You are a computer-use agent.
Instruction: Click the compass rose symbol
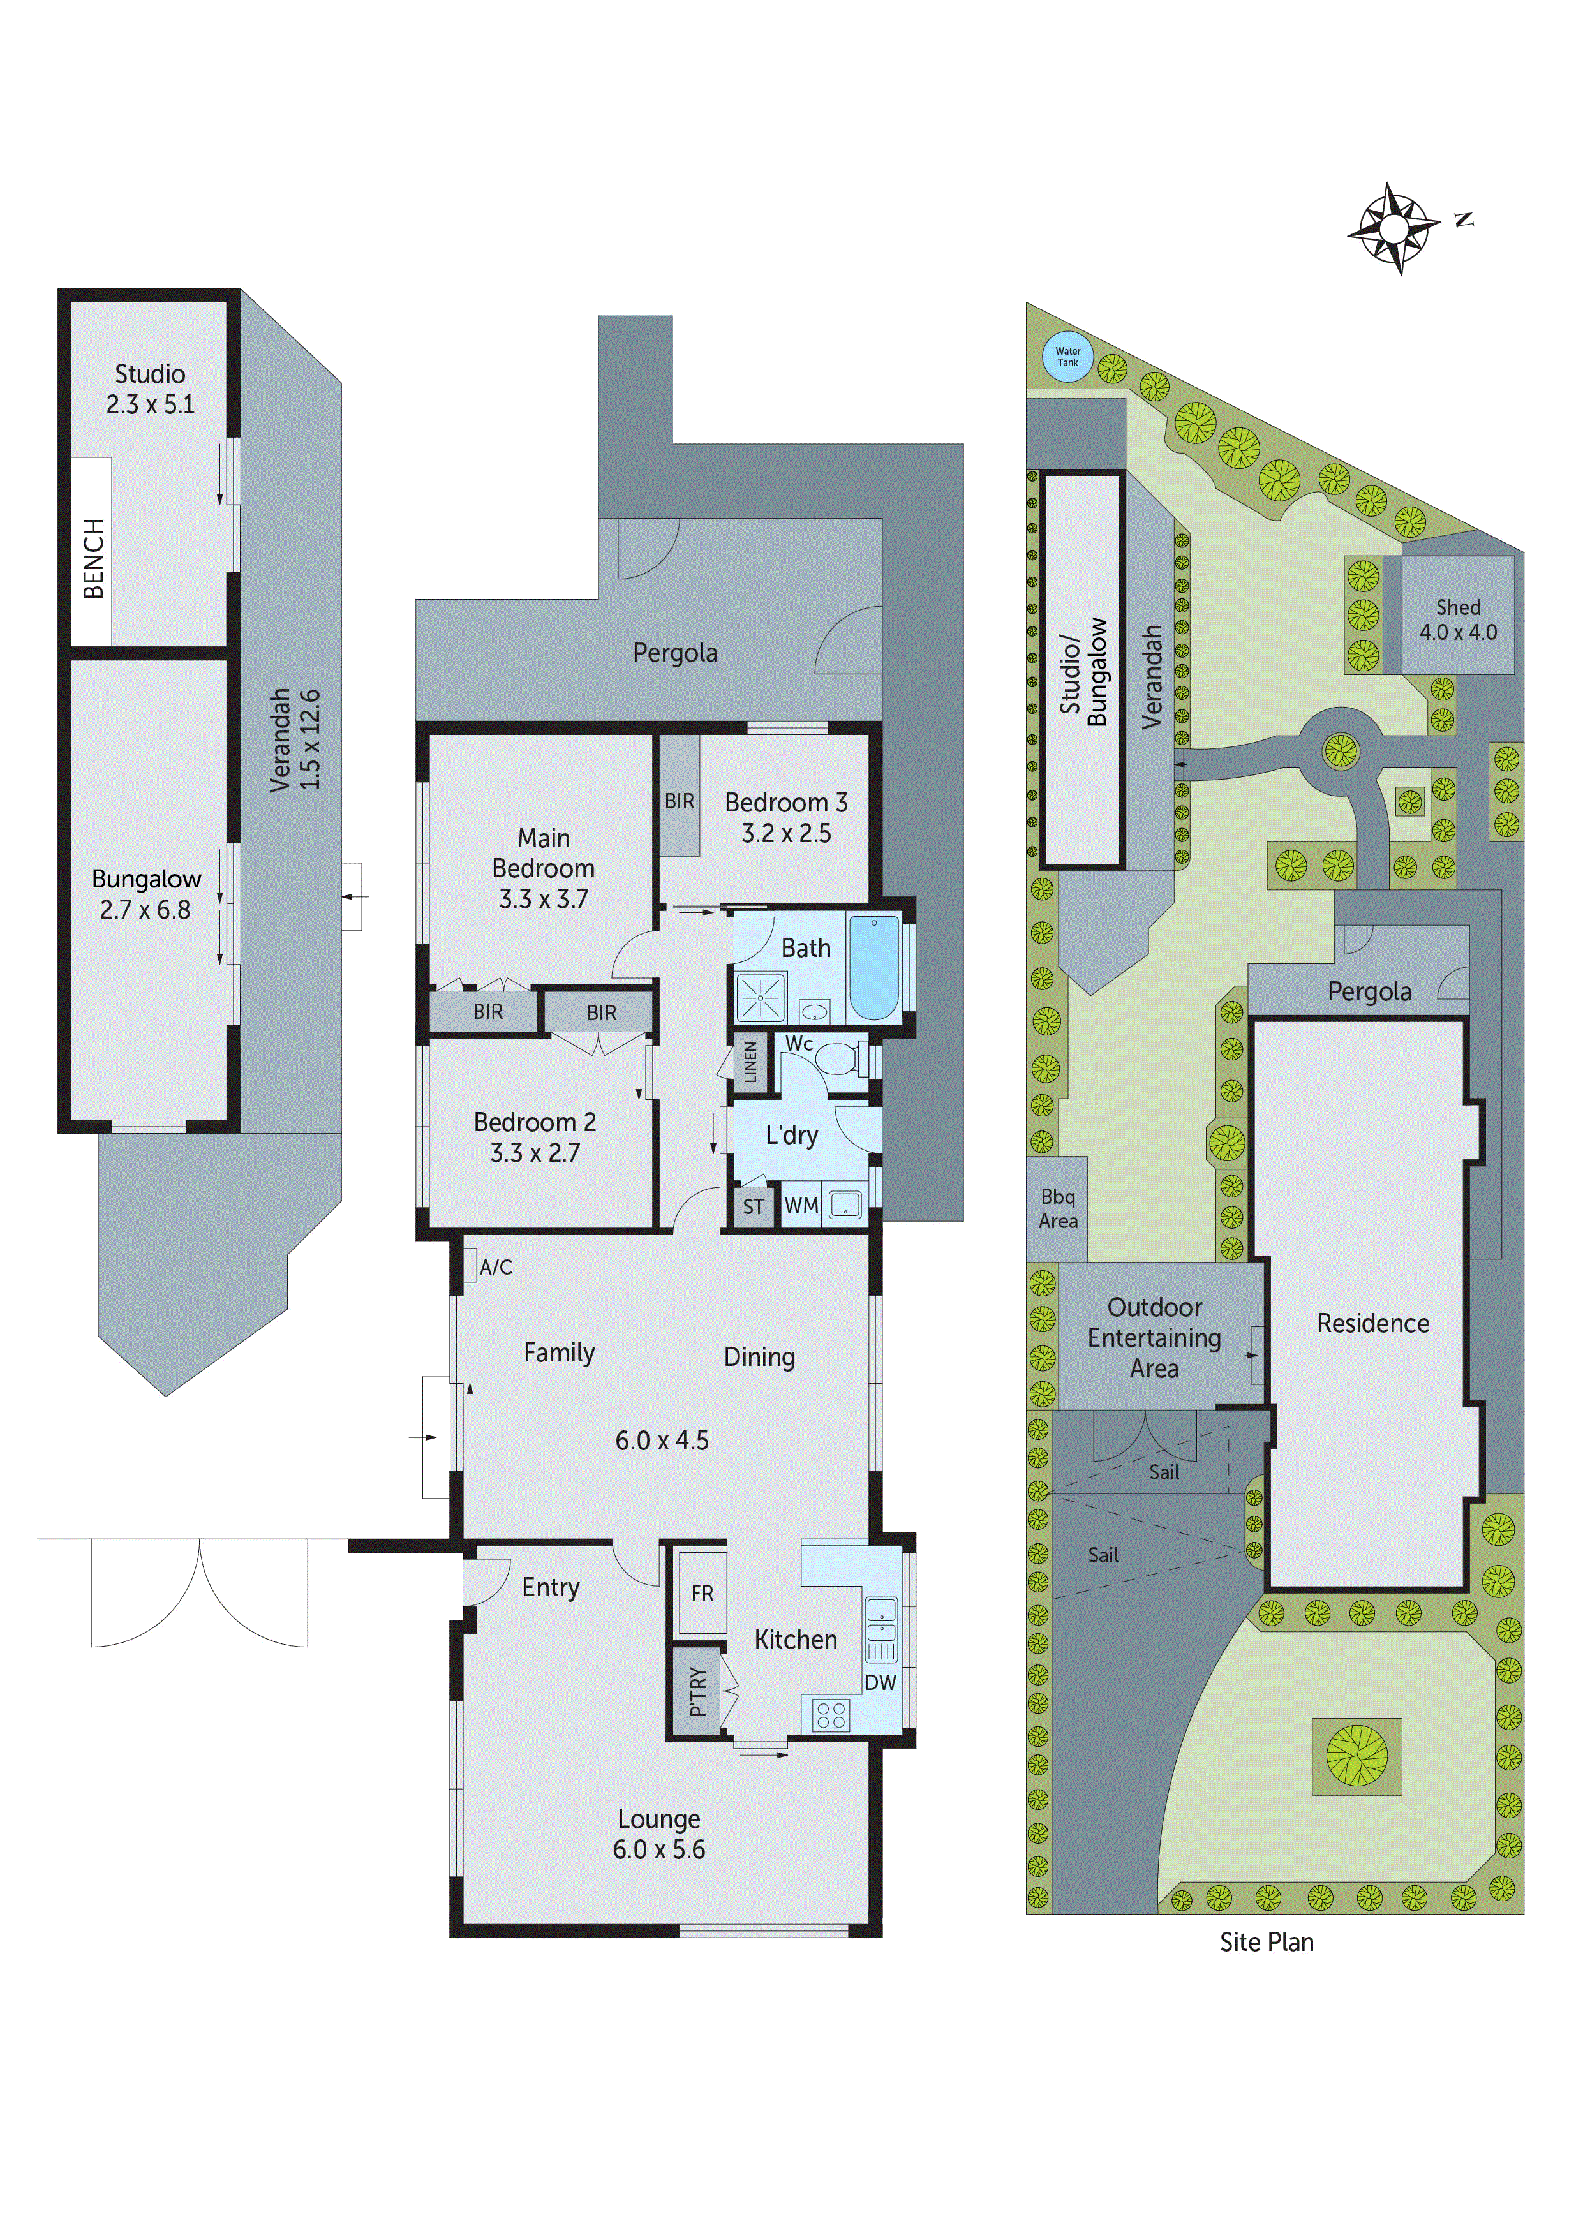pyautogui.click(x=1394, y=228)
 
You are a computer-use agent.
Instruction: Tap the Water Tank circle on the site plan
pyautogui.click(x=1067, y=357)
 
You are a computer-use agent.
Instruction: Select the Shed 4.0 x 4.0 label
pyautogui.click(x=1457, y=620)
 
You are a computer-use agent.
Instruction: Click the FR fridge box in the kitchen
pyautogui.click(x=702, y=1593)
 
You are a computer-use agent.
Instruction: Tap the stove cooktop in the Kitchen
pyautogui.click(x=831, y=1715)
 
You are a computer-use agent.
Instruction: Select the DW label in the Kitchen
pyautogui.click(x=881, y=1682)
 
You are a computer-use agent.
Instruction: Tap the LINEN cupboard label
pyautogui.click(x=750, y=1062)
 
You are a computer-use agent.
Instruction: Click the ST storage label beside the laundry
pyautogui.click(x=754, y=1207)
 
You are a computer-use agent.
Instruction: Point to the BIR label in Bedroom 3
pyautogui.click(x=680, y=801)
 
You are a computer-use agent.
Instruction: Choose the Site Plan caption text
pyautogui.click(x=1266, y=1942)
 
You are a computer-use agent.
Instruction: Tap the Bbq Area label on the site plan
pyautogui.click(x=1058, y=1209)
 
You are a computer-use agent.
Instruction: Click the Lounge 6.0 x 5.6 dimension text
pyautogui.click(x=659, y=1849)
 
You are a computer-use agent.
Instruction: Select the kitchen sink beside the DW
pyautogui.click(x=881, y=1617)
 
